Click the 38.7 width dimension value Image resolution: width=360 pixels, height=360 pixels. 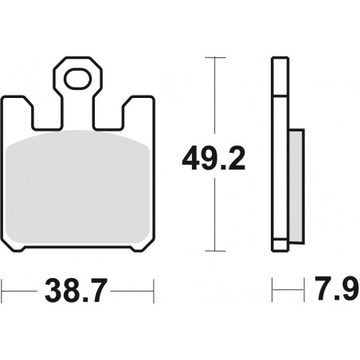[x=76, y=291]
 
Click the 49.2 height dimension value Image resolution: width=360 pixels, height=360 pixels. [x=213, y=158]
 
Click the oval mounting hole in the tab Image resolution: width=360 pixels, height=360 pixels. [x=77, y=79]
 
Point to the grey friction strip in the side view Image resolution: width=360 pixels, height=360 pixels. [x=296, y=186]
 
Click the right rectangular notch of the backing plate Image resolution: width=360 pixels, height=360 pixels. [x=109, y=117]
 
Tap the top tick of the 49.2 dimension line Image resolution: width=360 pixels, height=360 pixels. [x=214, y=57]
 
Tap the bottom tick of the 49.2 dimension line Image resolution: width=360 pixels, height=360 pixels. [x=214, y=251]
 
